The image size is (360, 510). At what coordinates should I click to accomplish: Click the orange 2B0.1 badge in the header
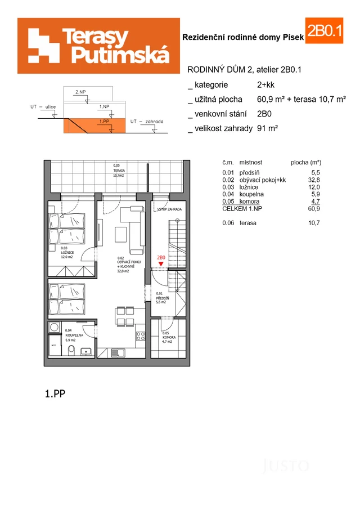coord(324,32)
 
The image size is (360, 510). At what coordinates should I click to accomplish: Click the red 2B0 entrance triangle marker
coord(161,264)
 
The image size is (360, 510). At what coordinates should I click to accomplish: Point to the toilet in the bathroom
coord(71,351)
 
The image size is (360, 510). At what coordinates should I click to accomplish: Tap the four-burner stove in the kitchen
coord(141,336)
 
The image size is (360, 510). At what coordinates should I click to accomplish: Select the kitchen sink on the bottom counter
coord(118,353)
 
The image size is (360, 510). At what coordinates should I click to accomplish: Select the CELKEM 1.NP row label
coord(242,208)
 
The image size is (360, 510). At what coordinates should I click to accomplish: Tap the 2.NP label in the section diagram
coord(80,91)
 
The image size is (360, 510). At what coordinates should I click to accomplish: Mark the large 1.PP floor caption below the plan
coord(55,394)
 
